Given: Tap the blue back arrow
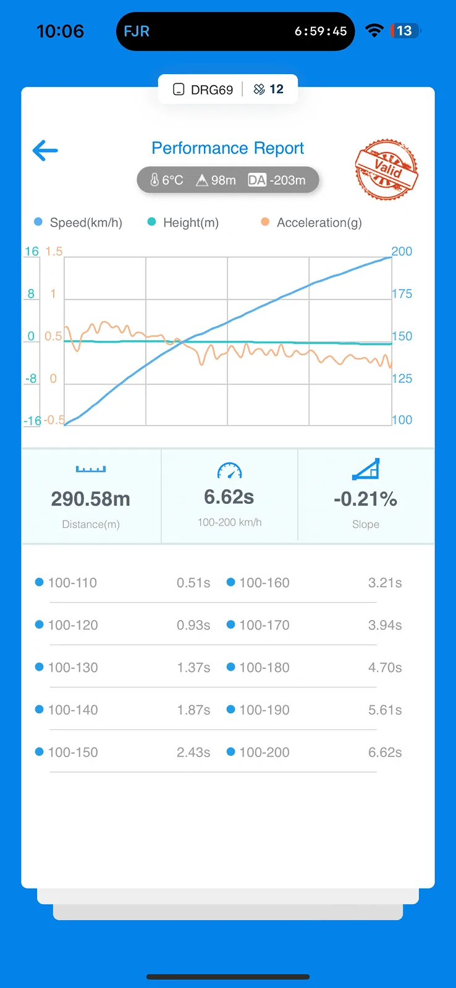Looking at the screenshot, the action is click(x=45, y=151).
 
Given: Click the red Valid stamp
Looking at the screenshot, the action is click(x=386, y=169).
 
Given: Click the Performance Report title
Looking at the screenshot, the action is click(x=228, y=148).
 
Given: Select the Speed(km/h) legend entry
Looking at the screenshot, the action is click(x=78, y=222).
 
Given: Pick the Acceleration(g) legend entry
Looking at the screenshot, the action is click(x=311, y=222).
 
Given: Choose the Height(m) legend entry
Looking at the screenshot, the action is click(x=183, y=222).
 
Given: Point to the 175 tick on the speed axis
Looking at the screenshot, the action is click(x=402, y=294).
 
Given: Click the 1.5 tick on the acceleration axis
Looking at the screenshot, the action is click(x=54, y=251).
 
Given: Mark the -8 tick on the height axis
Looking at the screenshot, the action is click(x=31, y=379).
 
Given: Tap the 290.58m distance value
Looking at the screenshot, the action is click(x=90, y=499).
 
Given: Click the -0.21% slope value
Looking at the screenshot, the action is click(x=366, y=499).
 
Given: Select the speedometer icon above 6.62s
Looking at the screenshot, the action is click(x=230, y=470).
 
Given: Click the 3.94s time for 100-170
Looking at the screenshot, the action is click(x=385, y=625).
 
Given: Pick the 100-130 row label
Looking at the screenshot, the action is click(x=73, y=668).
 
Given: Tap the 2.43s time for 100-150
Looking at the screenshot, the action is click(x=193, y=752).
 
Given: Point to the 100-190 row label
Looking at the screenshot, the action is click(x=264, y=710).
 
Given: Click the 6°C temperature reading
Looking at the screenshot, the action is click(x=167, y=180).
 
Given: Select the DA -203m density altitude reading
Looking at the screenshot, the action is click(x=277, y=180).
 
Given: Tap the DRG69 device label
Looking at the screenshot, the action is click(x=203, y=90).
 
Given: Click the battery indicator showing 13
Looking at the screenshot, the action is click(x=405, y=31).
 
